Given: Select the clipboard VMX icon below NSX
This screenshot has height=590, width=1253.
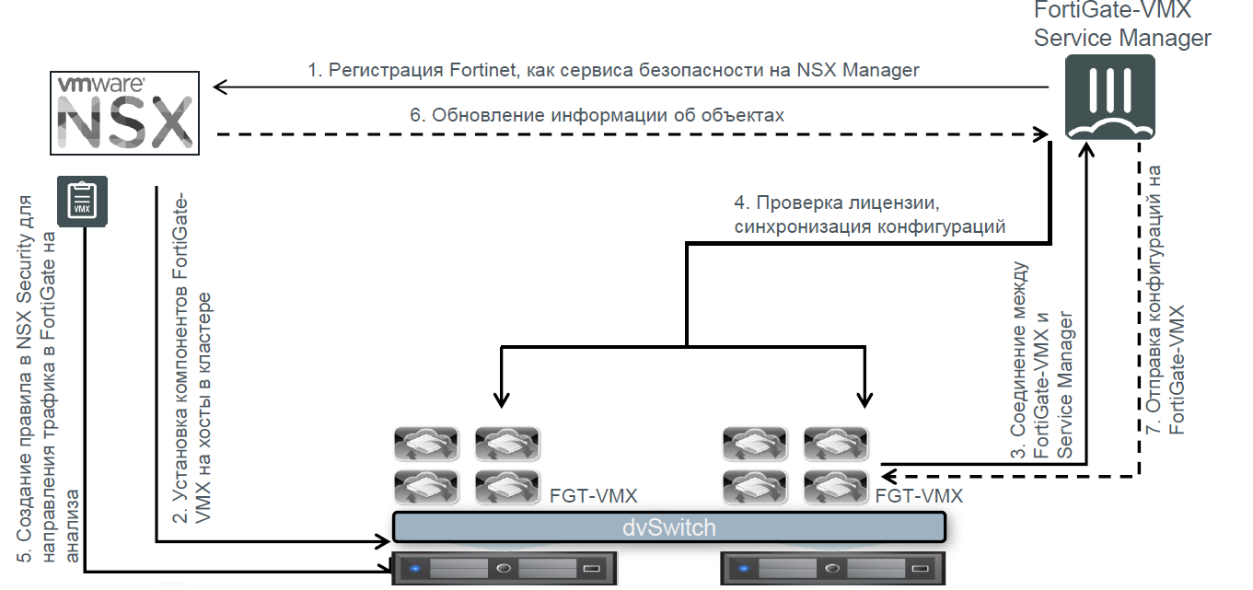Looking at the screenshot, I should pos(83,201).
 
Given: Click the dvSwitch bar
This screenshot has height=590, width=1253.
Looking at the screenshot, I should pos(669,527).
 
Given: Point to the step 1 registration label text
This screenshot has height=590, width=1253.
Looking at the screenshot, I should pos(613,70).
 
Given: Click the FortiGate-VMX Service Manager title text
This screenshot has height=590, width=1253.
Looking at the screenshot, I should pos(1122,25).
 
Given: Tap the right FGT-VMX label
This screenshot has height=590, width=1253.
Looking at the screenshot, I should pos(920,497).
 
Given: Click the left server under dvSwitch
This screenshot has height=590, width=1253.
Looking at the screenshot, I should pos(504,568).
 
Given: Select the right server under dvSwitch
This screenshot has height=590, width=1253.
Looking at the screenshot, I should pos(833,568).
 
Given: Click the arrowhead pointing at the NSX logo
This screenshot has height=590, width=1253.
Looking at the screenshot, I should pos(219,87).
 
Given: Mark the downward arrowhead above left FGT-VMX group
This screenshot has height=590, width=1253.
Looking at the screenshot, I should pos(500,399).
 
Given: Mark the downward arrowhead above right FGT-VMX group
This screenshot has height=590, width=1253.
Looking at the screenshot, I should pos(864,399).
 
